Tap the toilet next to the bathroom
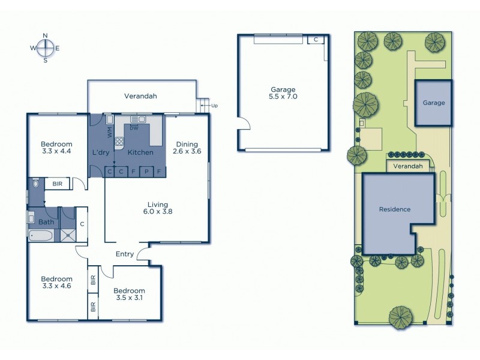coord(35,184)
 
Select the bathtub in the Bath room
coord(41,235)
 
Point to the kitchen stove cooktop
coord(119,142)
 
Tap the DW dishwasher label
coord(134,127)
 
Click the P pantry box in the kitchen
coord(146,172)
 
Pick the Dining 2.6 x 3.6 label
coord(187,148)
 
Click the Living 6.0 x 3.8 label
coord(158,208)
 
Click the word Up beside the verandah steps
coord(214,106)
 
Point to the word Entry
coord(124,254)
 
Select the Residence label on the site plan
coord(394,209)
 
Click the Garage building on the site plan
coord(434,103)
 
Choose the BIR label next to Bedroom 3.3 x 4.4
coord(58,184)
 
